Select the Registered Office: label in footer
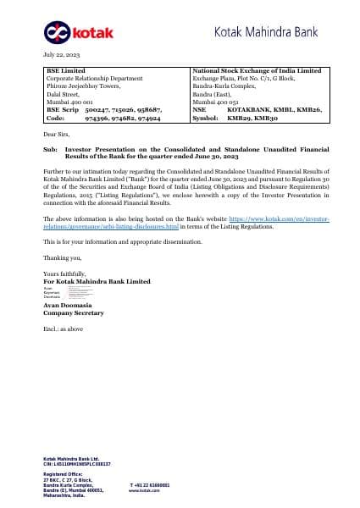click(x=63, y=474)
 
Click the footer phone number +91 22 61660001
click(x=150, y=485)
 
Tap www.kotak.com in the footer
click(x=145, y=490)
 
